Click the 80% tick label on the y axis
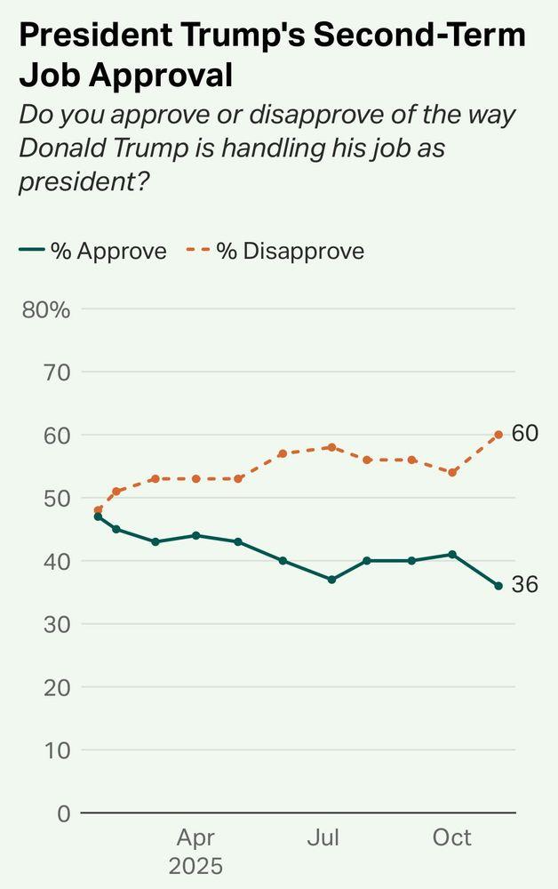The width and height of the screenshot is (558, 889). coord(50,309)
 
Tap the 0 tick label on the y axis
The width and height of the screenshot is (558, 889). coord(62,813)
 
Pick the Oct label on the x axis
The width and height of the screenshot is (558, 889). coord(451,838)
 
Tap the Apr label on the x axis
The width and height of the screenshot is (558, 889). coord(195,838)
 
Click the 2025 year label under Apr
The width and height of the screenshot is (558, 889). coord(195,866)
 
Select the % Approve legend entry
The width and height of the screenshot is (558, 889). coord(93,252)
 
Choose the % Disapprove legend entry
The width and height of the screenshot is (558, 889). coord(275,252)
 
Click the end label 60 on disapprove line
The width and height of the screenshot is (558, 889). coord(525,434)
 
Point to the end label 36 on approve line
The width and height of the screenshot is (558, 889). coord(525,585)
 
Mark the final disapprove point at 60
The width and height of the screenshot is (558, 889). coord(498,435)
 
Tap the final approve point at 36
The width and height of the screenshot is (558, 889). coord(498,586)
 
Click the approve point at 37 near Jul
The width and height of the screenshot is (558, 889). coord(331,580)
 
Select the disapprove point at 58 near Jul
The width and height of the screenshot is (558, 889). coord(331,447)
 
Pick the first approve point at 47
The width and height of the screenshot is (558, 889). coord(98,517)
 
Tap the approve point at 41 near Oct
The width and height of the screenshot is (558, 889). coord(453,555)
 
